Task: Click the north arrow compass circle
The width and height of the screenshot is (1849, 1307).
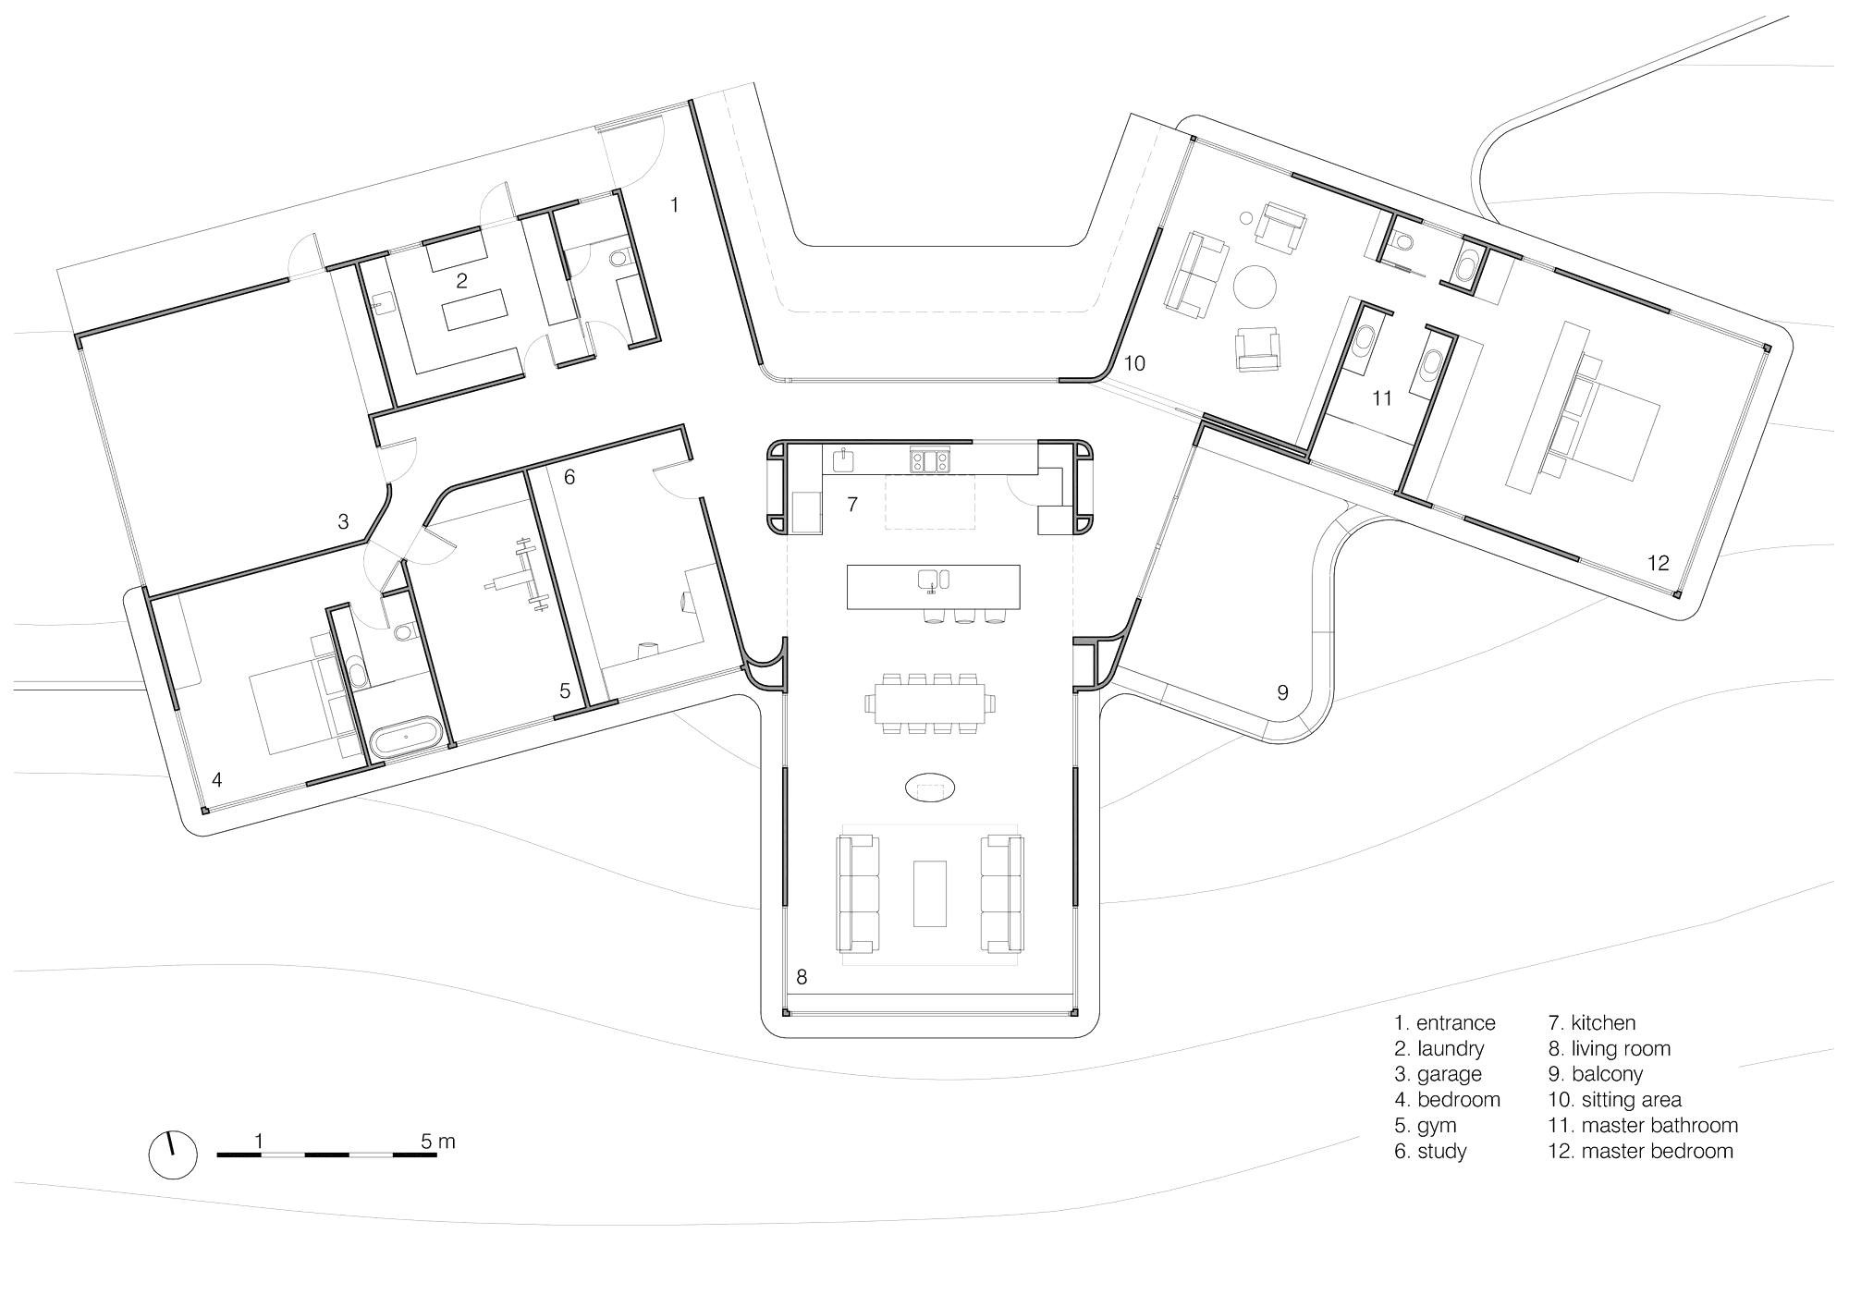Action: coord(173,1154)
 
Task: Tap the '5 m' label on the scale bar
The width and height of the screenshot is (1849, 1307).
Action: coord(437,1142)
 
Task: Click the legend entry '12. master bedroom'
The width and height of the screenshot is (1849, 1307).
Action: coord(1640,1151)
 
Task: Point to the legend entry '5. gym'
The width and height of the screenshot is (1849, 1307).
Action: coord(1425,1125)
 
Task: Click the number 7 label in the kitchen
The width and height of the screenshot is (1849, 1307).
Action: coord(852,504)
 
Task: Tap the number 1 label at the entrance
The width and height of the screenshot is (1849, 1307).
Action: coord(674,204)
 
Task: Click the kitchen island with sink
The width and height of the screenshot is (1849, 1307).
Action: coord(933,586)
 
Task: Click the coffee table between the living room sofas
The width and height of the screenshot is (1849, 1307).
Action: coord(930,893)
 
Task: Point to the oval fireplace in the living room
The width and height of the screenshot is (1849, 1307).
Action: coord(929,788)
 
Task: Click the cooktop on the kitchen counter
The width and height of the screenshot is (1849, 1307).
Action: coord(929,459)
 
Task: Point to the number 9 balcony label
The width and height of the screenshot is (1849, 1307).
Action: coord(1282,692)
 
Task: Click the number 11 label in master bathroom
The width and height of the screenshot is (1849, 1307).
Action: coord(1381,398)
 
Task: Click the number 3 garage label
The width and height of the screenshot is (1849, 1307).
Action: coord(343,521)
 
